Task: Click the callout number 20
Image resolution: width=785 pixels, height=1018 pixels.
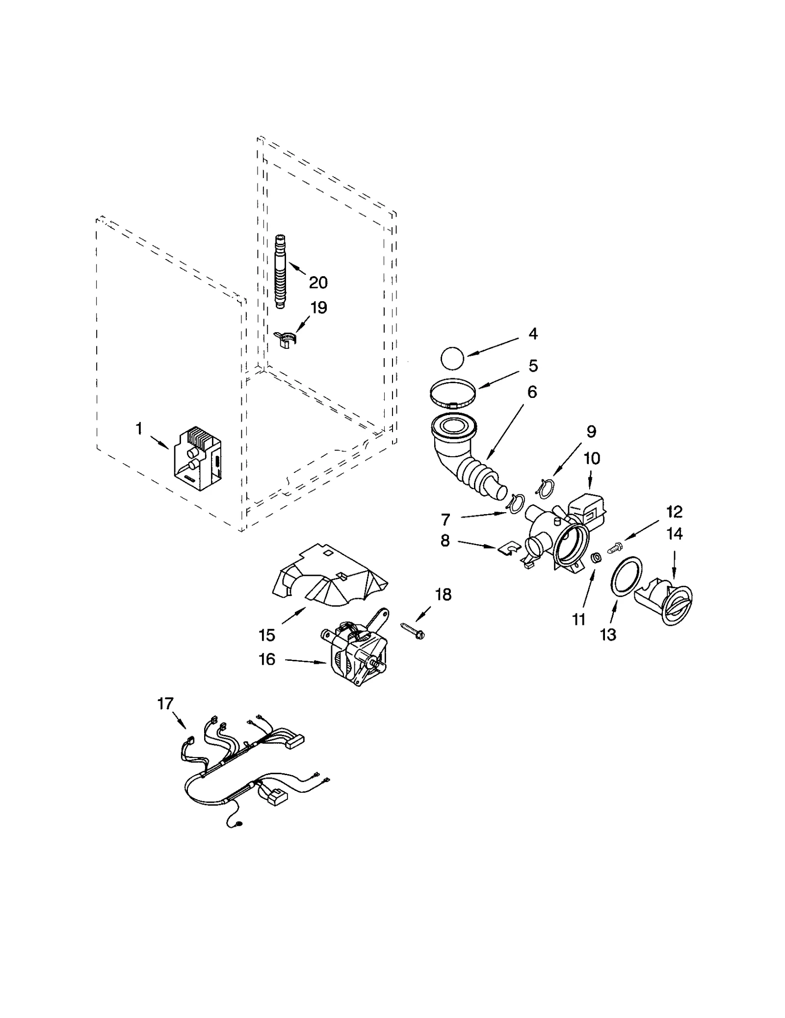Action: tap(317, 283)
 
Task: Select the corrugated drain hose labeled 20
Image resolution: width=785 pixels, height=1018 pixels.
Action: tap(280, 273)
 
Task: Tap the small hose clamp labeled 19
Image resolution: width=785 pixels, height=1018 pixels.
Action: tap(286, 339)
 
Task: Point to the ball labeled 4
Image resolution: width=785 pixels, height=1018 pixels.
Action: tap(452, 358)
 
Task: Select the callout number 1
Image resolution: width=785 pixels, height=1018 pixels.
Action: tap(139, 429)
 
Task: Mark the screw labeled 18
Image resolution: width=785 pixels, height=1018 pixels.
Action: tap(412, 629)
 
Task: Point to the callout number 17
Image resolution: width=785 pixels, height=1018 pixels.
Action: tap(165, 704)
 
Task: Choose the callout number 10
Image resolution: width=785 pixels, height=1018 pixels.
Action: tap(592, 458)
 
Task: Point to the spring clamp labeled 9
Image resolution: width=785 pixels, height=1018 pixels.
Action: tap(546, 487)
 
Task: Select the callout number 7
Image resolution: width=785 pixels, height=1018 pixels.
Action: tap(445, 519)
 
